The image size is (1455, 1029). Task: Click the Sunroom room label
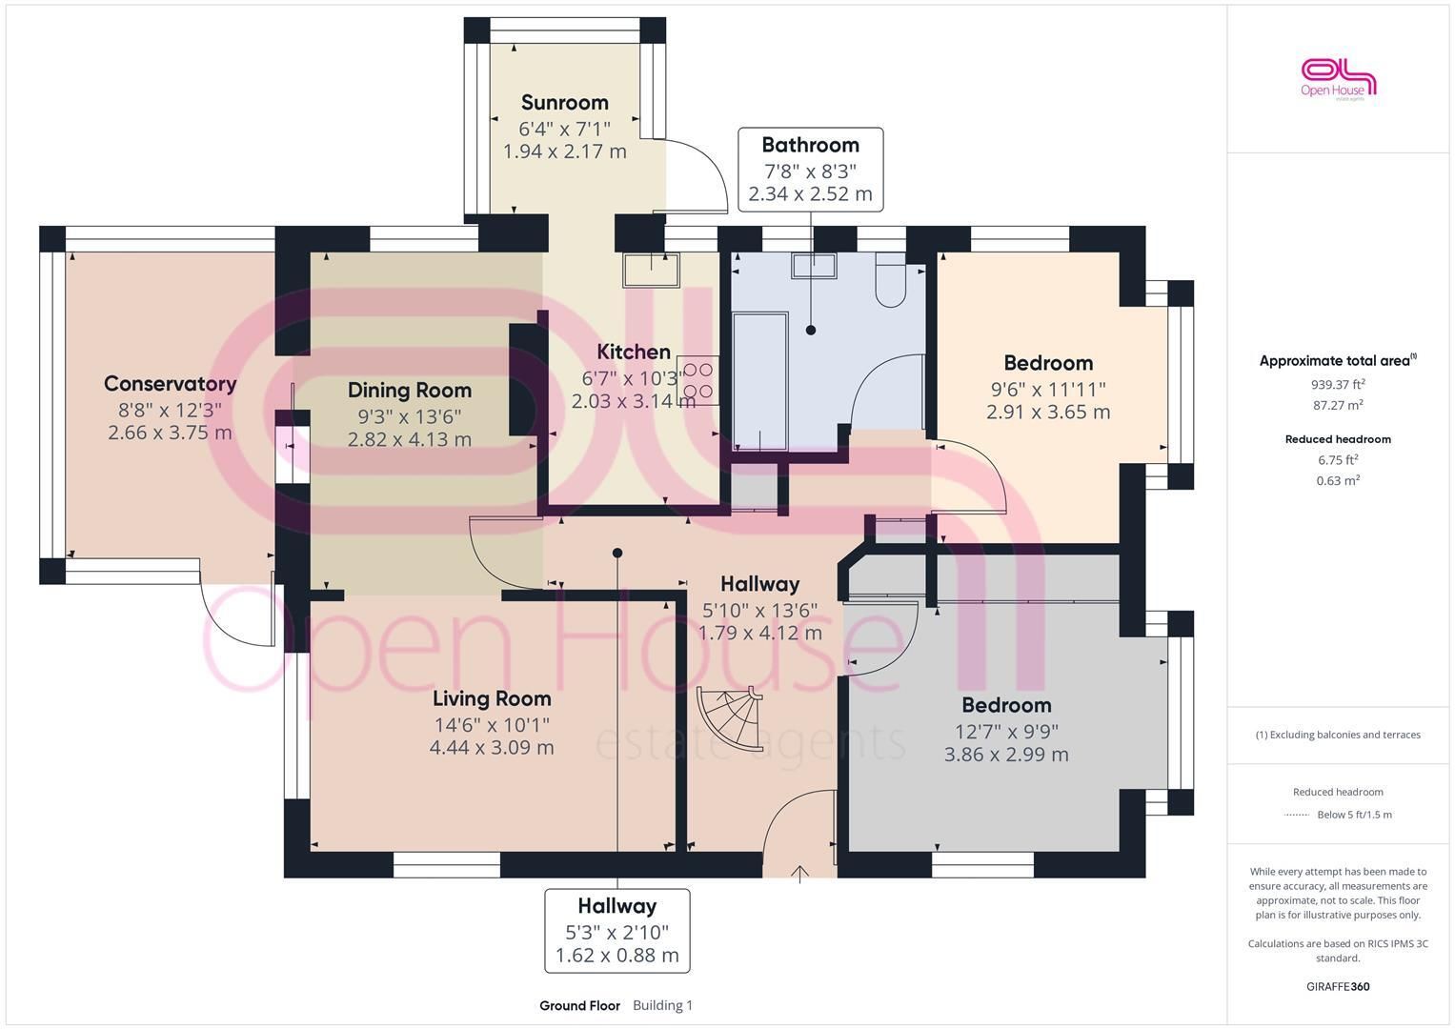point(564,103)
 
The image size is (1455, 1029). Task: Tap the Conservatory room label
point(171,384)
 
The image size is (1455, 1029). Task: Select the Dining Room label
point(409,391)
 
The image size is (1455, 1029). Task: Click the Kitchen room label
point(634,353)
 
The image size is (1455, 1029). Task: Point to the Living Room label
point(492,699)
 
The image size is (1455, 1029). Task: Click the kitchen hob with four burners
point(697,380)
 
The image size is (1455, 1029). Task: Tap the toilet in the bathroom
point(891,279)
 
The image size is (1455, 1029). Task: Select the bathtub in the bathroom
point(760,381)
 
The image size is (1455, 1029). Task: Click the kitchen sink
point(651,270)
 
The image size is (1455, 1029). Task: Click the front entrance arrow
point(799,874)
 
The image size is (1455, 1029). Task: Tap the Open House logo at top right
point(1338,78)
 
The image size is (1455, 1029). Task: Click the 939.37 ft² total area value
point(1338,385)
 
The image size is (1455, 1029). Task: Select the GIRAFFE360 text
point(1338,987)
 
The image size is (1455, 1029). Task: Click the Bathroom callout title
point(811,145)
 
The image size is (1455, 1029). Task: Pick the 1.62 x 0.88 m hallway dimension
point(617,956)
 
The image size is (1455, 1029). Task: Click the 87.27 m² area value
point(1338,405)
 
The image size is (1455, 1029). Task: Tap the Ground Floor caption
point(579,1005)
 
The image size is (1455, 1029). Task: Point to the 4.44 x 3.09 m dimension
point(492,748)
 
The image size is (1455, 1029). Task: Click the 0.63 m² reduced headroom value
point(1338,481)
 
